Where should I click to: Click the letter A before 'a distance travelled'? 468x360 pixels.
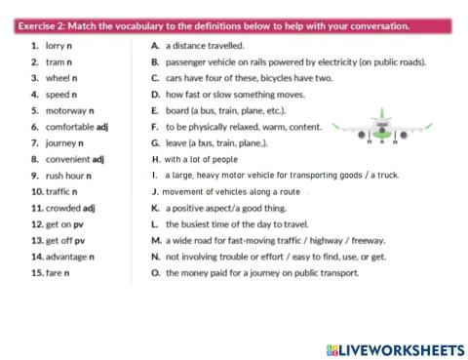155,46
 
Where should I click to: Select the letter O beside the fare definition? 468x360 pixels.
155,272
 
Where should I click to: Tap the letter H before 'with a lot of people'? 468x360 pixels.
155,159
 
